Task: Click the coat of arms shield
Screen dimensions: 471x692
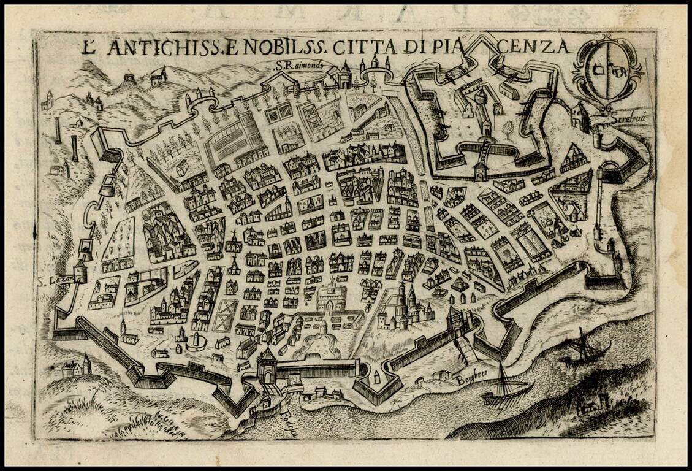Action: pos(607,71)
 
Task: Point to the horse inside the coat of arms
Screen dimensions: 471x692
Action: pos(618,72)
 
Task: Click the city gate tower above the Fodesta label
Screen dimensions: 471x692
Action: pos(267,366)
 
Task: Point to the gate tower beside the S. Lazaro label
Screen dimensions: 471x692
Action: pos(80,270)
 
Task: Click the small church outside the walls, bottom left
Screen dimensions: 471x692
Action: pos(77,367)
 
